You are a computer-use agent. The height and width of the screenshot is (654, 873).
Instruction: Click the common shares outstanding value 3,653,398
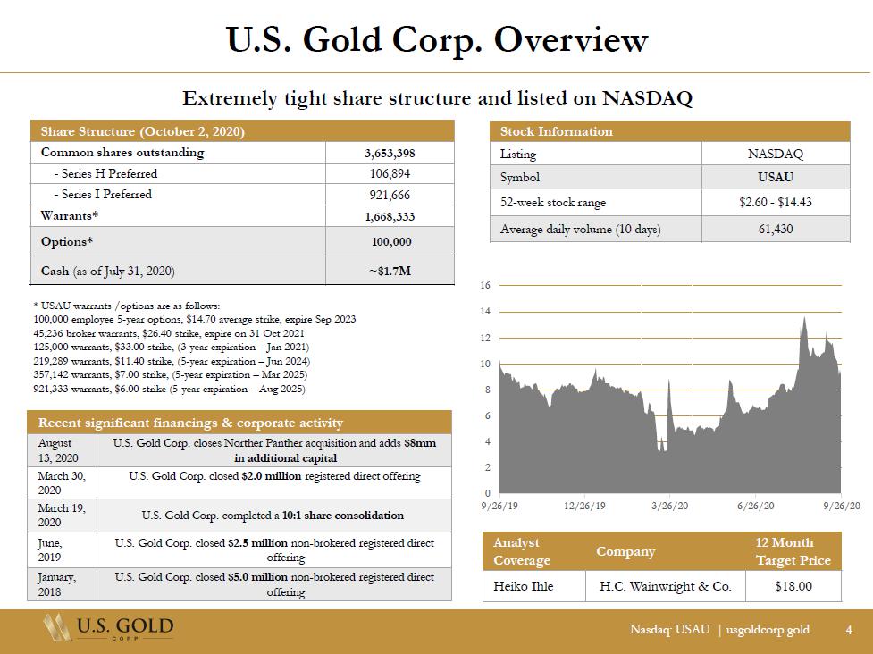390,153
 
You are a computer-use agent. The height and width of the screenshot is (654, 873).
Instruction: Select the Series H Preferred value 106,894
390,173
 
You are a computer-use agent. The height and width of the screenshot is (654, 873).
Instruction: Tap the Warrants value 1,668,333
390,216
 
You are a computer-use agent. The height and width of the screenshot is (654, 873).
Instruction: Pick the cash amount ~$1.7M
390,271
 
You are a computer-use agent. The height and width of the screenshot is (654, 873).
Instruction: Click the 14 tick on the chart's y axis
485,312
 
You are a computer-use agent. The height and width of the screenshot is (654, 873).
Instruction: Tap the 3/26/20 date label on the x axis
669,506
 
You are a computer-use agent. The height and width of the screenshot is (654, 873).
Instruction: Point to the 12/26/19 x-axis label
584,506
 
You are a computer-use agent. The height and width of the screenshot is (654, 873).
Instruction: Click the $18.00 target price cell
793,586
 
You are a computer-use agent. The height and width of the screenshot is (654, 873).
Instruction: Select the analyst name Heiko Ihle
523,586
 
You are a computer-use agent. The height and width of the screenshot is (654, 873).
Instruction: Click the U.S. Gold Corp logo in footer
108,628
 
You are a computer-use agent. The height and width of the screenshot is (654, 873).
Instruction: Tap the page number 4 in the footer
849,630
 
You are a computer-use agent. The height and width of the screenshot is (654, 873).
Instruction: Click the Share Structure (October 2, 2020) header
143,132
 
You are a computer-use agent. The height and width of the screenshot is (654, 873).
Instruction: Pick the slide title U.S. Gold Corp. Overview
436,40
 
